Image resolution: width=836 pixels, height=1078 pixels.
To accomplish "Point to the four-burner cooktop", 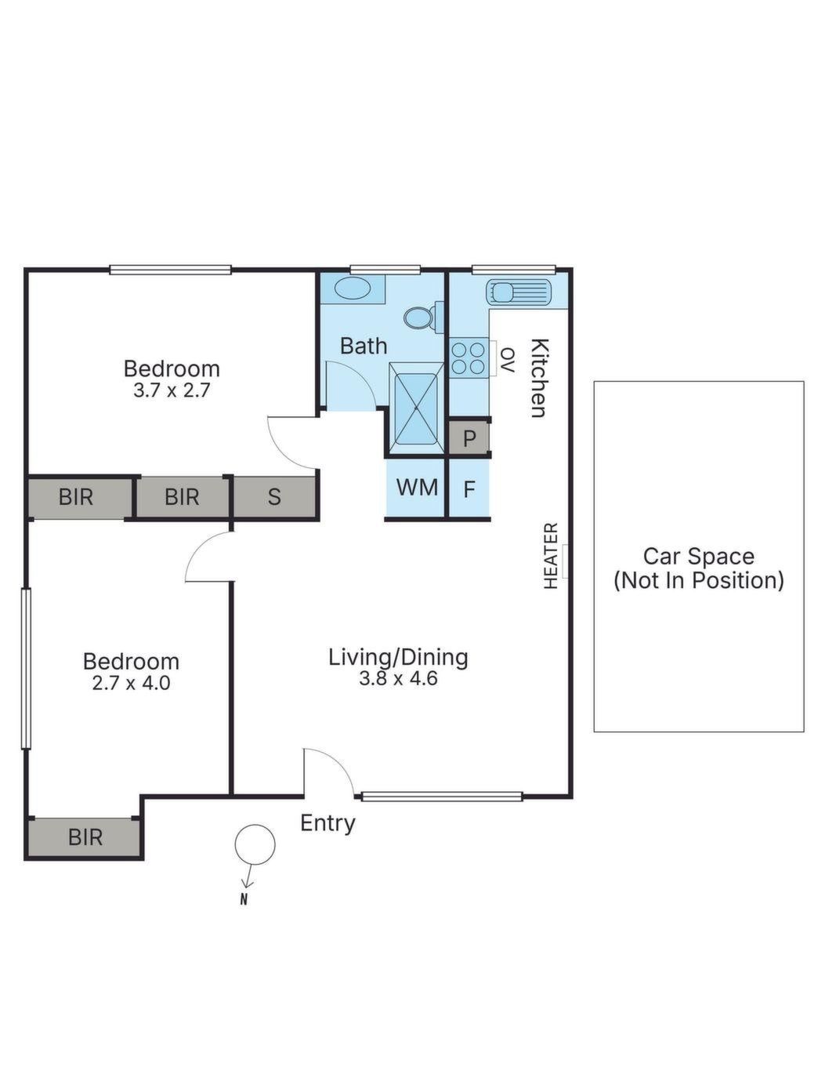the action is point(468,358).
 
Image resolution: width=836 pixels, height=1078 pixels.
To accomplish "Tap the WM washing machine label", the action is point(418,487).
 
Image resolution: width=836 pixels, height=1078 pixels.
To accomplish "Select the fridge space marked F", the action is point(469,490).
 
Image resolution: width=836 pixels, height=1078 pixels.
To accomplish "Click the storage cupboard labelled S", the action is point(274,497).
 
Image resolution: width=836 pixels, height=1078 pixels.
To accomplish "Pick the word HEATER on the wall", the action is point(551,556).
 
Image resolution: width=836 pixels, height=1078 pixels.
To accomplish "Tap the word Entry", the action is point(328,823).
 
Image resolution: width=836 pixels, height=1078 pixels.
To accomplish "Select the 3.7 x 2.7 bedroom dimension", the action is point(172,390).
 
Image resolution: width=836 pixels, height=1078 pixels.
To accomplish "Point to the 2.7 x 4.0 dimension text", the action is point(132,684).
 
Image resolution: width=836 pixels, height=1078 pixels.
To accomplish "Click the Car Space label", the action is point(699,556).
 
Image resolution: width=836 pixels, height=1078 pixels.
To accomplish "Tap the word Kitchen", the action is point(539,378).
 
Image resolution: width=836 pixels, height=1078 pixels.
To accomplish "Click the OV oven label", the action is point(506,360).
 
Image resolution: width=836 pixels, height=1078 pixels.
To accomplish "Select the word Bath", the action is point(364,346).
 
